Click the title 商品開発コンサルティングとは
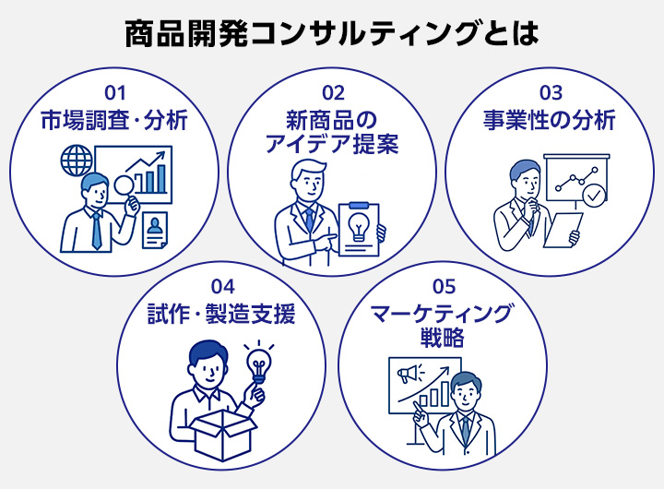pyautogui.click(x=331, y=34)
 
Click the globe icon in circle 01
pyautogui.click(x=73, y=162)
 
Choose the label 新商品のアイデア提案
pyautogui.click(x=332, y=132)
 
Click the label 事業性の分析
pyautogui.click(x=551, y=121)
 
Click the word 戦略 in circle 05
pyautogui.click(x=441, y=338)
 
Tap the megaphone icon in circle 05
pyautogui.click(x=407, y=375)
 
